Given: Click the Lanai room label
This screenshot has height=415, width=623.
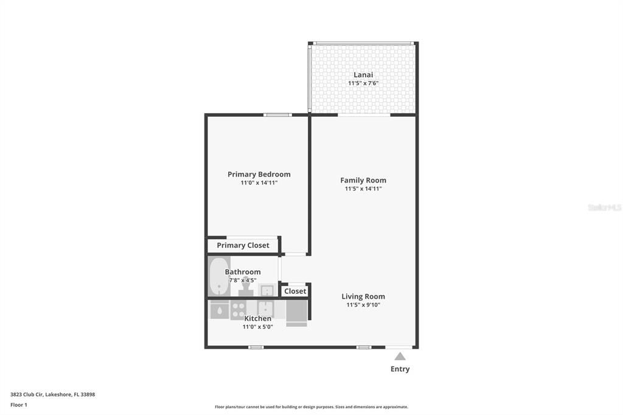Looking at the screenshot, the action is point(363,75).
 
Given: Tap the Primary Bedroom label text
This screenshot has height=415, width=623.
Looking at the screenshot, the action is point(259,174).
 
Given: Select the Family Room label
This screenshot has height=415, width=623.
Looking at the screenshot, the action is point(363,180).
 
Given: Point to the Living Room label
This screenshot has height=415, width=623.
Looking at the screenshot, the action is point(363,296).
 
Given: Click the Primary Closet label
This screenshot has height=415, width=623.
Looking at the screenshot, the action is point(243,245).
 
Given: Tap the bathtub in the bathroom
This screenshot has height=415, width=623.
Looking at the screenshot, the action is point(218,276).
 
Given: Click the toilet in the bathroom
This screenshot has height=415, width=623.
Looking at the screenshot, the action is point(246,290).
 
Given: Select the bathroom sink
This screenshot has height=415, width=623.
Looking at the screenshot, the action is point(266,290).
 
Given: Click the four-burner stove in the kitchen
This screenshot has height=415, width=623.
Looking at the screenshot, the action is point(238,310).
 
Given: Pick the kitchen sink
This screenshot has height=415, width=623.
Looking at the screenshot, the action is point(265,309).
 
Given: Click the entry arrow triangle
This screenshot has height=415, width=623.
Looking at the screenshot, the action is point(400,356).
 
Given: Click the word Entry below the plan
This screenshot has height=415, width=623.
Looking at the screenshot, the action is point(400,369).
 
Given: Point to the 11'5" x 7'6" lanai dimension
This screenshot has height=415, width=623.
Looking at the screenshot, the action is point(363,83).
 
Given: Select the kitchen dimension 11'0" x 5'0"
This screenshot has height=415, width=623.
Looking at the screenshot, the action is point(258,327).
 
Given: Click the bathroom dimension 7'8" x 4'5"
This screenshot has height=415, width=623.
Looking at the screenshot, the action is point(243,281).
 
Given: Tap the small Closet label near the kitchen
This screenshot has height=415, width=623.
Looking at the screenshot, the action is point(295,291).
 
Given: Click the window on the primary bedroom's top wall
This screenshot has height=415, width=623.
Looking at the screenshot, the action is point(277,115).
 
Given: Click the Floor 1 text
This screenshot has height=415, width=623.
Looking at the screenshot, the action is point(19,405).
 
